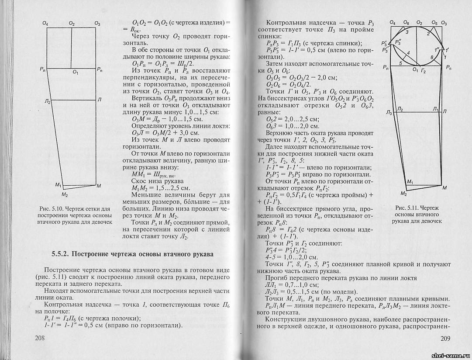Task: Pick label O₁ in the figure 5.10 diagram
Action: click(x=75, y=72)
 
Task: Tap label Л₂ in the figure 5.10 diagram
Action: click(x=47, y=101)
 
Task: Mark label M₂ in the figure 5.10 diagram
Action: click(x=65, y=194)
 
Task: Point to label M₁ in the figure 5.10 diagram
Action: click(x=58, y=185)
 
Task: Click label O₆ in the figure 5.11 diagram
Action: click(x=407, y=22)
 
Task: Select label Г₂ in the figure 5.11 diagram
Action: click(x=423, y=70)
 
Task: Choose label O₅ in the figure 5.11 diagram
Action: click(x=434, y=22)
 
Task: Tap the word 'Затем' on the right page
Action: click(x=275, y=64)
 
